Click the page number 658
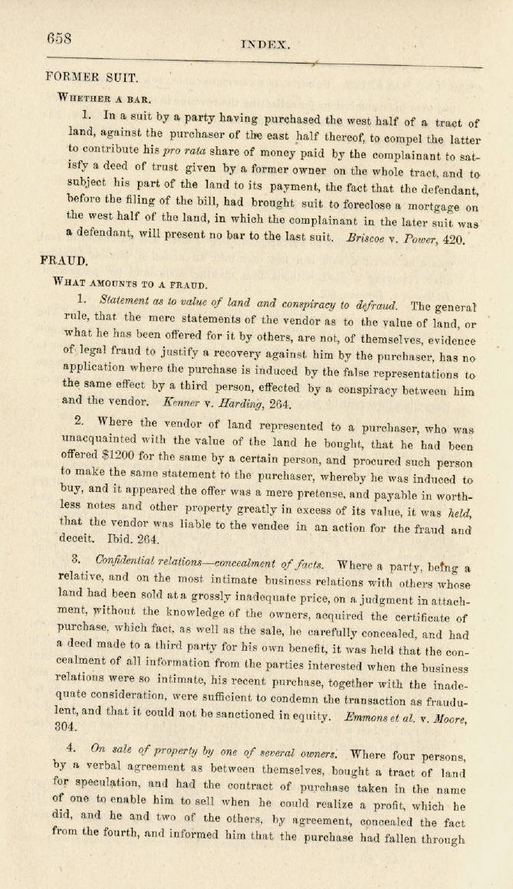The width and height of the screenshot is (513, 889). click(x=59, y=38)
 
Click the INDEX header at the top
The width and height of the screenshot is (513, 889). click(x=265, y=45)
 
